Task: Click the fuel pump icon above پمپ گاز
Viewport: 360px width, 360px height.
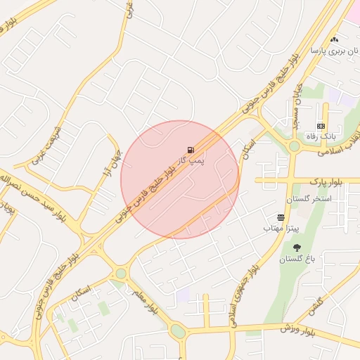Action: (191, 149)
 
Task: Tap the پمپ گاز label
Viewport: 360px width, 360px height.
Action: (190, 161)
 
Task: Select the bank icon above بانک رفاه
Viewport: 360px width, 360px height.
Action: (321, 126)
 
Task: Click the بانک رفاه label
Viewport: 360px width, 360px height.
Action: (321, 136)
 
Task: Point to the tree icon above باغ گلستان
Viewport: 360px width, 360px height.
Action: (297, 247)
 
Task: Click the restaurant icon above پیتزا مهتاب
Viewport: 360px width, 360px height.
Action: (281, 218)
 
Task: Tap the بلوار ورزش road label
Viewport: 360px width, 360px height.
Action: (295, 328)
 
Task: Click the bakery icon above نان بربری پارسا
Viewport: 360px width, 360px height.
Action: (334, 40)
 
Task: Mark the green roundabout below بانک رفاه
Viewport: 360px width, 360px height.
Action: (294, 146)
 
